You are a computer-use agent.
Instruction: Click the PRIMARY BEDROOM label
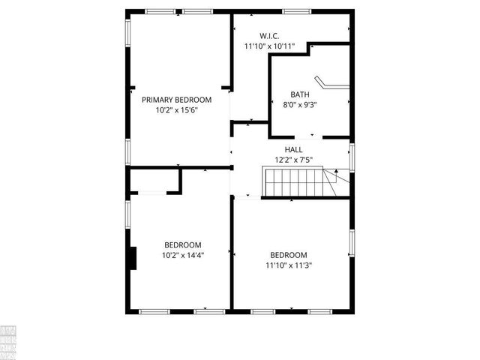[x=176, y=99]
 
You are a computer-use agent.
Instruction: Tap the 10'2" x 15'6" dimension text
[x=176, y=109]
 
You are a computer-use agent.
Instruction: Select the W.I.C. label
[x=269, y=35]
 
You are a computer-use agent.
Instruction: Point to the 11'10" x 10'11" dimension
[x=269, y=46]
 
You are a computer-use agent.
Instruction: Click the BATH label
[x=300, y=94]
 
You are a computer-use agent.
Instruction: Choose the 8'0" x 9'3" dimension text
[x=300, y=105]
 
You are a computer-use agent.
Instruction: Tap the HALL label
[x=293, y=150]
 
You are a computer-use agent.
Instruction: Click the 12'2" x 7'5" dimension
[x=293, y=160]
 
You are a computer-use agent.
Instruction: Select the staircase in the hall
[x=293, y=182]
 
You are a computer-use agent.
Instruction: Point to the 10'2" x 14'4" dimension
[x=183, y=255]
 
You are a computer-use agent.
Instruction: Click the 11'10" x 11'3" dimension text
[x=289, y=265]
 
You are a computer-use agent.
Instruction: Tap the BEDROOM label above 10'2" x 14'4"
[x=183, y=244]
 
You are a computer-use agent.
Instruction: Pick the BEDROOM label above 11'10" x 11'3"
[x=289, y=254]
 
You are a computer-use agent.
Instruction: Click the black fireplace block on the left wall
[x=133, y=257]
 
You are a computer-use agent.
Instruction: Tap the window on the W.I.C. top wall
[x=297, y=11]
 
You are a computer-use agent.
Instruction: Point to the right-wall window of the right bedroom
[x=351, y=243]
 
